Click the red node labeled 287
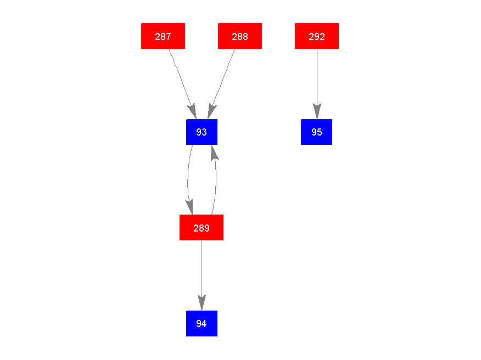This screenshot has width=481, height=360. tap(163, 36)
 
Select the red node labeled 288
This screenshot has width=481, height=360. tap(240, 36)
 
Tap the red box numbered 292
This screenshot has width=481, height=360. tap(317, 36)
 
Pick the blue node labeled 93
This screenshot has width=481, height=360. tap(202, 132)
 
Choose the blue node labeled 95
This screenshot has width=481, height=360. tap(317, 132)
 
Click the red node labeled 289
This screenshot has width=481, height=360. tap(202, 228)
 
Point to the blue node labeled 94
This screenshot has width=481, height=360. tap(202, 324)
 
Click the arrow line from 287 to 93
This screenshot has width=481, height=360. tap(182, 84)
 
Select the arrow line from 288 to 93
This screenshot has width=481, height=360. tap(221, 84)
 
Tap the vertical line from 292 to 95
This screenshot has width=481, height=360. tap(317, 84)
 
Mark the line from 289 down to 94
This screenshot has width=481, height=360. tap(202, 275)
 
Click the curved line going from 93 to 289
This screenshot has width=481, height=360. tap(188, 179)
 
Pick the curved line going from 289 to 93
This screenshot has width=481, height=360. tap(216, 179)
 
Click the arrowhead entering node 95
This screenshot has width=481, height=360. tap(317, 111)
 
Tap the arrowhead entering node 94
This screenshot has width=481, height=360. tap(202, 303)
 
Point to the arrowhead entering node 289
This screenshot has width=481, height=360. tap(189, 207)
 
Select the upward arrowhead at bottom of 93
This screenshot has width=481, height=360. tap(215, 153)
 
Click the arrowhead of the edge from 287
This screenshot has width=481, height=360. tap(192, 111)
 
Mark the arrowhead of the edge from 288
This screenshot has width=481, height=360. tap(211, 111)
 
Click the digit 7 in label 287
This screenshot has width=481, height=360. tap(169, 36)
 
